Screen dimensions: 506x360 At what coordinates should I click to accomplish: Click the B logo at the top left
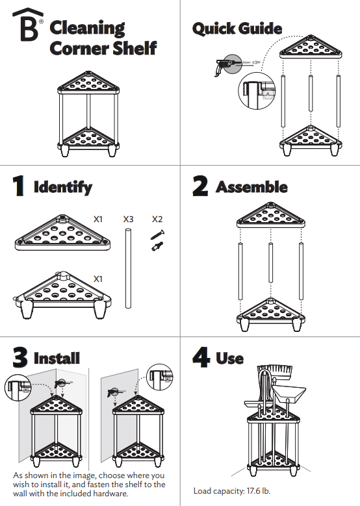(29, 27)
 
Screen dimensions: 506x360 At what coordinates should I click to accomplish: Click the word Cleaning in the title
(88, 28)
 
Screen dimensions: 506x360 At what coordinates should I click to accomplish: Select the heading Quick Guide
(237, 29)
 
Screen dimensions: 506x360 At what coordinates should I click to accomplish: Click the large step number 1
(20, 186)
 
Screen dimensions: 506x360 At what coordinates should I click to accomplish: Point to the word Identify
(63, 188)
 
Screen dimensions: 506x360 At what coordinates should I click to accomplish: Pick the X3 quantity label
(129, 220)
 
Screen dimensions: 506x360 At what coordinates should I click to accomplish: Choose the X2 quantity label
(158, 220)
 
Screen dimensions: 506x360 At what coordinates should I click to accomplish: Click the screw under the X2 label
(158, 233)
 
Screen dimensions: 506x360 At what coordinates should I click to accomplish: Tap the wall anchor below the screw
(157, 247)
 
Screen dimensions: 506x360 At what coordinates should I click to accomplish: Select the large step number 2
(201, 186)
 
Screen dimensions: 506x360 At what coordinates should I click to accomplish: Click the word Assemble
(251, 187)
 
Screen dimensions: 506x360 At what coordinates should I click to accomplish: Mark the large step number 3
(20, 357)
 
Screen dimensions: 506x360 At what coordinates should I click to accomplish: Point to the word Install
(57, 358)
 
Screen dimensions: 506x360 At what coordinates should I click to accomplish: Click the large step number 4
(201, 357)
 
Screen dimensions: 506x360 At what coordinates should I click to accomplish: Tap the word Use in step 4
(230, 358)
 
